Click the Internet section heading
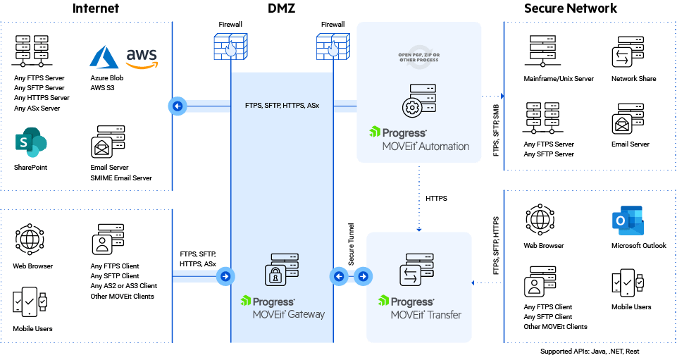coord(96,9)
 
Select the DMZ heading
coord(282,9)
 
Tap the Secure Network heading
coord(571,9)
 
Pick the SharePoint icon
coord(30,144)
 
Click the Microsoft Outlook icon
coord(628,222)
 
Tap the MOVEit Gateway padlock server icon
coord(281,269)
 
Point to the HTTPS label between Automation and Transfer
coord(437,199)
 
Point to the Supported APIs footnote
coord(590,351)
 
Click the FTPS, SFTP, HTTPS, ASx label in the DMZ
coord(282,106)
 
